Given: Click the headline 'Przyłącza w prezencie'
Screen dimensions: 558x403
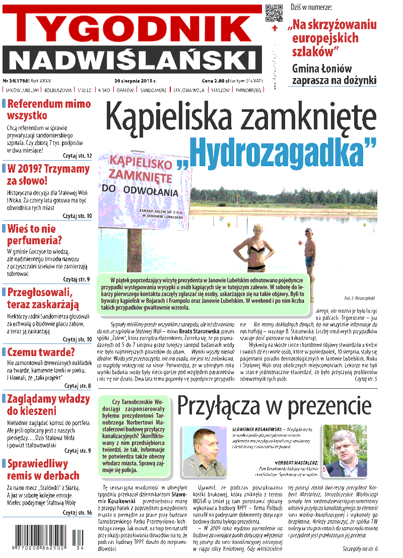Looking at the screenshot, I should [274, 406].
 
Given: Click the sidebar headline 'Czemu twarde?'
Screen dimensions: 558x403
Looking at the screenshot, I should [41, 352].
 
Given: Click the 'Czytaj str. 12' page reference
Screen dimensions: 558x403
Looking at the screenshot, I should [77, 156].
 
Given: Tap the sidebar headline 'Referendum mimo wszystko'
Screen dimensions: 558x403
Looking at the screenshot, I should [48, 109].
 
